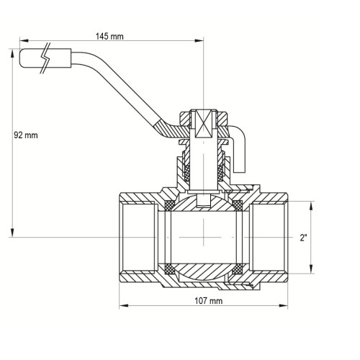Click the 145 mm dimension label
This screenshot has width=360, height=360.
click(x=109, y=37)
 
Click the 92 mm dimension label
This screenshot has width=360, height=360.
click(x=26, y=135)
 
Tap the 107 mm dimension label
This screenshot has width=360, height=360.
click(x=208, y=301)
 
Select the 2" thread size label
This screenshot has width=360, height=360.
click(x=303, y=238)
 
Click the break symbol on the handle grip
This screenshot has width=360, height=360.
click(x=45, y=58)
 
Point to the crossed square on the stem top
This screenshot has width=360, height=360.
click(x=203, y=124)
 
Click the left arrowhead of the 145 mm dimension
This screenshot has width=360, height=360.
click(x=24, y=41)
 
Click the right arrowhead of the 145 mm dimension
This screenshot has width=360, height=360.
click(x=199, y=41)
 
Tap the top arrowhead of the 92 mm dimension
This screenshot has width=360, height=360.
click(x=12, y=53)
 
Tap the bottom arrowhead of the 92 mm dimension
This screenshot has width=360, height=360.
click(x=12, y=233)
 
